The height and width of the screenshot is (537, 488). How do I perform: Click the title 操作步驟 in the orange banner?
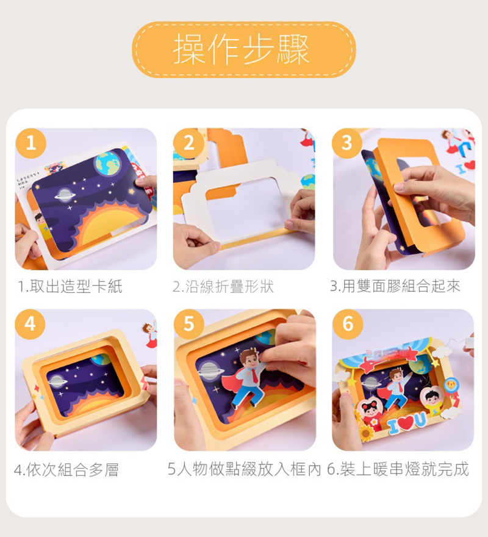242,50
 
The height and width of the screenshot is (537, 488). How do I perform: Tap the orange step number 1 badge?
30,143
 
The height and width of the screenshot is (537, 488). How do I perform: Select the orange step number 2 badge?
188,143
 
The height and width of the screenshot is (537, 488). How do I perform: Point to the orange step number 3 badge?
347,143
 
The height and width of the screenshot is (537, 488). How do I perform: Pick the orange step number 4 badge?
30,324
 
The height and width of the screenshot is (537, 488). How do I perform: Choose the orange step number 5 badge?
188,324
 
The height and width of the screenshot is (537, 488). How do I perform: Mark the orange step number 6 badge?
348,324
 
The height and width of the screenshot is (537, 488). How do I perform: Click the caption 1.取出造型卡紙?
70,286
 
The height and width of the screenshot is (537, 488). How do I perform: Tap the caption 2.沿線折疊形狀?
223,286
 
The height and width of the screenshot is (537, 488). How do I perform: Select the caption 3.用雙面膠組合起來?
395,286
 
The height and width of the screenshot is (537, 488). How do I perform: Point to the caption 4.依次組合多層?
66,469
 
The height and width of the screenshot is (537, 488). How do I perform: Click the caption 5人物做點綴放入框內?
244,469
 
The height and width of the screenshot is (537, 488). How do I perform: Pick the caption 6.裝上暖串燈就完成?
398,469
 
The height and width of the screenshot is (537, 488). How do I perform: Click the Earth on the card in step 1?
107,164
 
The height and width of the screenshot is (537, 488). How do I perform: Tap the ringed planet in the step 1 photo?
65,195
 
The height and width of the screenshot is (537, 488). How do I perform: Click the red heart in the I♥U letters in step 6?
406,423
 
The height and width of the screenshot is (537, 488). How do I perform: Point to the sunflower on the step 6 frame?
366,433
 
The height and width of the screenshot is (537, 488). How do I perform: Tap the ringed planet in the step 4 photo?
56,381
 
